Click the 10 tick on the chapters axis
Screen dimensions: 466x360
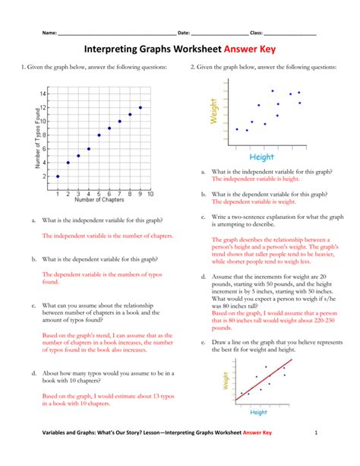pos(150,194)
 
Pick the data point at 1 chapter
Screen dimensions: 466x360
pos(58,176)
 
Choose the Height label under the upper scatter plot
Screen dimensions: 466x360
pos(261,157)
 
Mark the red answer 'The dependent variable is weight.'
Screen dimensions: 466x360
pos(254,201)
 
